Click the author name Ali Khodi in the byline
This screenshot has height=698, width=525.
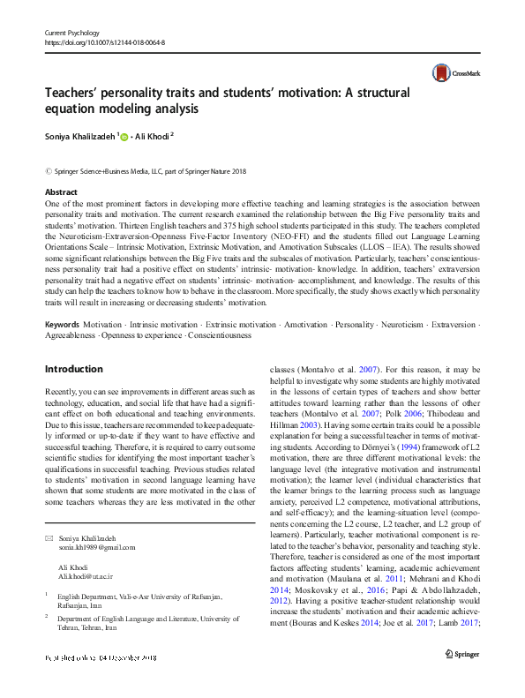coord(154,136)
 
